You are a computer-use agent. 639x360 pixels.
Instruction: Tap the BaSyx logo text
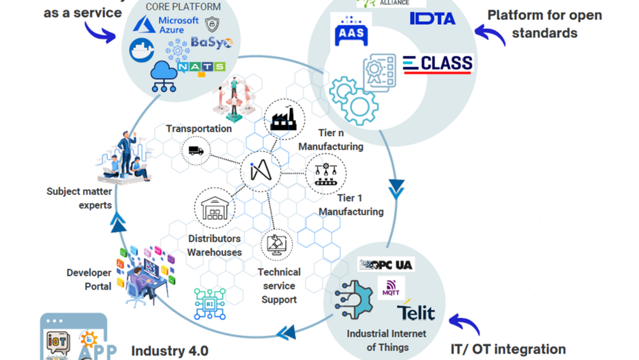click(212, 43)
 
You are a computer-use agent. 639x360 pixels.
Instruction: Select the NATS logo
click(201, 67)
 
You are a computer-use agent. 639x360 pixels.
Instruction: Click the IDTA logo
click(433, 19)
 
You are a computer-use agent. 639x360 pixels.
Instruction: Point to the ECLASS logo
click(438, 64)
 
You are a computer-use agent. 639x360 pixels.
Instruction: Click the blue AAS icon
click(351, 31)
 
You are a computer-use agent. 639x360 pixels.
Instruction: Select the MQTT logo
click(390, 289)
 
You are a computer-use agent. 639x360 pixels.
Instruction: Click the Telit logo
click(416, 311)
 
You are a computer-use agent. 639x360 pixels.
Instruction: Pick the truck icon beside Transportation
click(196, 151)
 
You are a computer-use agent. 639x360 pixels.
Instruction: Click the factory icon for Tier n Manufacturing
click(284, 120)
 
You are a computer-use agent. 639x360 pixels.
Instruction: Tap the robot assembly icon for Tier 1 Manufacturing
click(326, 174)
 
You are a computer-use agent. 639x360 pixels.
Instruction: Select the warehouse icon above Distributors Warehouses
click(215, 208)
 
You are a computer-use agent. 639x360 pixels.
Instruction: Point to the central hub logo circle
click(261, 171)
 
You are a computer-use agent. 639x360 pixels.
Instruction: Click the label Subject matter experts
click(79, 198)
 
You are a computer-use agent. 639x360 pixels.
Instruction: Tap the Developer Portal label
click(89, 279)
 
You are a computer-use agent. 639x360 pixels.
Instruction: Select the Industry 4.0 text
click(169, 350)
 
